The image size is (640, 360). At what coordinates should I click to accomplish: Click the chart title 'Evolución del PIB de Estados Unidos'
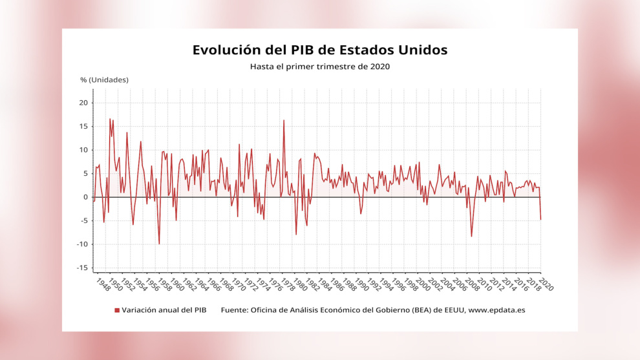tap(320, 50)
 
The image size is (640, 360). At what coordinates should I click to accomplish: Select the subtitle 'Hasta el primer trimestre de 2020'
tap(320, 66)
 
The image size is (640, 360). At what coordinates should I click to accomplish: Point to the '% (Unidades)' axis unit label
tap(104, 79)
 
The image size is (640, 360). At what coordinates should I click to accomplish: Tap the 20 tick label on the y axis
tap(83, 102)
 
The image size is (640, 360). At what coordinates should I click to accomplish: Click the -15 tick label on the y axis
tap(81, 268)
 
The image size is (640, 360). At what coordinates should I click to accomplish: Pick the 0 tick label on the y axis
tap(85, 197)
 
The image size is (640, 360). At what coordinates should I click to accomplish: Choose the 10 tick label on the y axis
tap(83, 150)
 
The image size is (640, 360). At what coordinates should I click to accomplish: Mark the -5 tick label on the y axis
tap(83, 220)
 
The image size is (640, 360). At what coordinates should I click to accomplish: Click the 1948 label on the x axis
tap(102, 284)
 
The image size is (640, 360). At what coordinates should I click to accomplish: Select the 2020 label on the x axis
tap(546, 284)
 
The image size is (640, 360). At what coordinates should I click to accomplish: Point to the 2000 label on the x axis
tap(423, 284)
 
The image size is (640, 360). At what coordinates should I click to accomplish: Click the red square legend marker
tap(117, 310)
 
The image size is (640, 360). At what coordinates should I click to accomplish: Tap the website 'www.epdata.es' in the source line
tap(496, 310)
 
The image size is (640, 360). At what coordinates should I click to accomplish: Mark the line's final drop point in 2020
tap(540, 220)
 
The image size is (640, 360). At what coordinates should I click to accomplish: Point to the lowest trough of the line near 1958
tap(159, 244)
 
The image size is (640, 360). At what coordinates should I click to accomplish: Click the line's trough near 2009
tap(471, 237)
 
